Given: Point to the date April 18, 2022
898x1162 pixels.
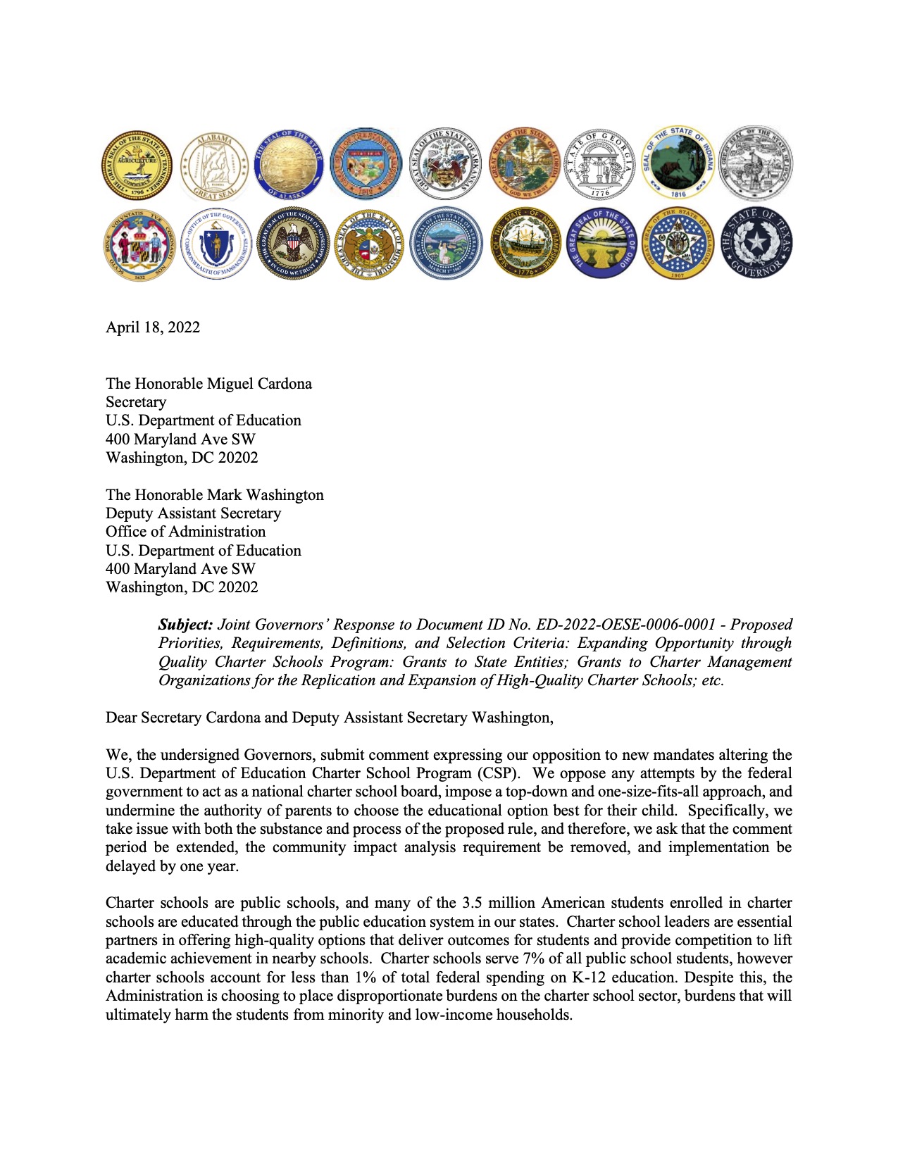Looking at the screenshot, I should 153,327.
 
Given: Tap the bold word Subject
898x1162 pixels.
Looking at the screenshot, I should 185,625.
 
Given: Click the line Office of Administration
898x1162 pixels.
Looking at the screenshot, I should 186,532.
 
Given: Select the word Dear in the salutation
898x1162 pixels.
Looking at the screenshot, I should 121,718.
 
